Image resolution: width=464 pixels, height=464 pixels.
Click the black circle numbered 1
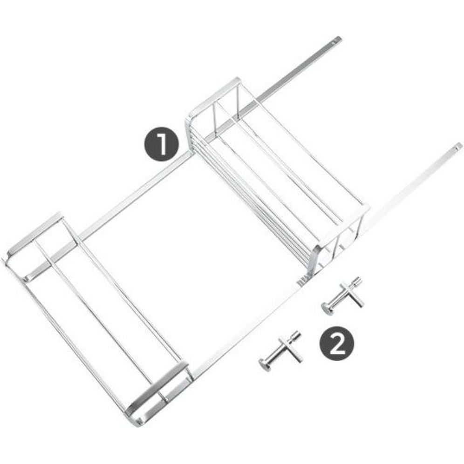(162, 144)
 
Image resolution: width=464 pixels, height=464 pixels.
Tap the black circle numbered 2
(337, 343)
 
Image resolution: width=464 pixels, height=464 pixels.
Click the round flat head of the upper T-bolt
(328, 309)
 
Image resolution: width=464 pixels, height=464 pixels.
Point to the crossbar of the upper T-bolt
(352, 295)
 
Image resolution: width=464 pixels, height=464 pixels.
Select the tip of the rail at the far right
(458, 146)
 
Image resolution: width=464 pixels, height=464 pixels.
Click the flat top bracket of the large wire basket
(216, 94)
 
